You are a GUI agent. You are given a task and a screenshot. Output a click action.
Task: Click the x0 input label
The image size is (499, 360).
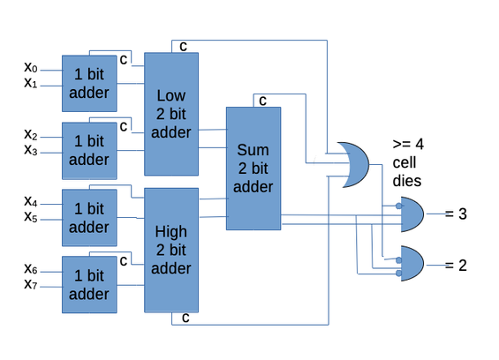point(31,67)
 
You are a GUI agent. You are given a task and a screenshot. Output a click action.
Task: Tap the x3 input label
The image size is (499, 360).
point(31,149)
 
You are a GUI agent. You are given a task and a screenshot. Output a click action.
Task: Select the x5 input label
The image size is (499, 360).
point(31,217)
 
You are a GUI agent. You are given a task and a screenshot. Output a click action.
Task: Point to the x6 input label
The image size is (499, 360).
point(31,269)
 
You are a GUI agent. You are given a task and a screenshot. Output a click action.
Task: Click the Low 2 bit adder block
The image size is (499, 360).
point(171,114)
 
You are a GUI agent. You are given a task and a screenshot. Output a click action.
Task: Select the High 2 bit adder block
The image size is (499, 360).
point(171,250)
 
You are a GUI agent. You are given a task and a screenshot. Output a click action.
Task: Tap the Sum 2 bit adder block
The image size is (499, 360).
point(253,169)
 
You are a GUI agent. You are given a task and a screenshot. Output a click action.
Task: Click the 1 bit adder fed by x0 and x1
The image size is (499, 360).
point(89,84)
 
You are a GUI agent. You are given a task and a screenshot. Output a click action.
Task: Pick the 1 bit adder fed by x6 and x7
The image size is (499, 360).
point(89,285)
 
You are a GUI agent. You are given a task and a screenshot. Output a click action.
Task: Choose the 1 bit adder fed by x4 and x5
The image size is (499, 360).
point(89,218)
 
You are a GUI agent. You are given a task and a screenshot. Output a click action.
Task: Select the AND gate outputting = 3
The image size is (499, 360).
point(412,214)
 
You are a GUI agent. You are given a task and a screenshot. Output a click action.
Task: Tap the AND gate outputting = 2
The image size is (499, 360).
point(412,263)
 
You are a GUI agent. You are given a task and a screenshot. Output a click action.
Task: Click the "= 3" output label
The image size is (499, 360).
point(456,214)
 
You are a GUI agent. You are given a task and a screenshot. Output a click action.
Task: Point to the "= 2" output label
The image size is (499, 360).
point(456,266)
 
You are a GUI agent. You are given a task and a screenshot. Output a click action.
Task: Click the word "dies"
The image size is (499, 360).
point(407,181)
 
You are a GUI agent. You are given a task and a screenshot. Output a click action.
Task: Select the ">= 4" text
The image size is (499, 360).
point(408,144)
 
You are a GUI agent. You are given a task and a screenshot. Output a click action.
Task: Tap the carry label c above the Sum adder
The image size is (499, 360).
point(262,101)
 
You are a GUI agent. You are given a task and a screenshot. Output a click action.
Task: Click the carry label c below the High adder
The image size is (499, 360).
point(185,318)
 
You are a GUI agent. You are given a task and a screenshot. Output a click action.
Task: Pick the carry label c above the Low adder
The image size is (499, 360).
point(183,47)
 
